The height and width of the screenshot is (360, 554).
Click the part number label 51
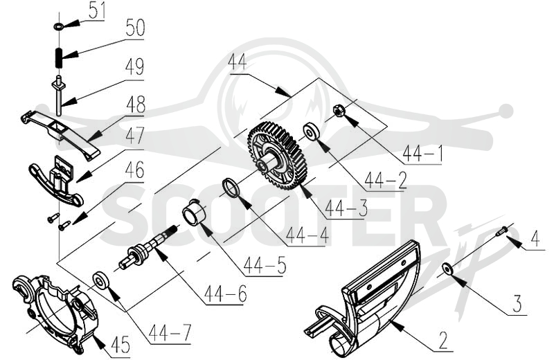click(96, 11)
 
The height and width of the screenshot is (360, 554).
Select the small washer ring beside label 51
click(58, 26)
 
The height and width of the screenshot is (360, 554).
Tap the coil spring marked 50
click(59, 58)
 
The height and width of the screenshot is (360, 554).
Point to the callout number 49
click(134, 67)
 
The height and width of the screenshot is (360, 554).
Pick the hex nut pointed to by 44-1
click(339, 111)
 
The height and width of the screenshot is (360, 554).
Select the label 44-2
click(386, 180)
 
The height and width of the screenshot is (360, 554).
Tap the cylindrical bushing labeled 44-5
click(194, 213)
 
